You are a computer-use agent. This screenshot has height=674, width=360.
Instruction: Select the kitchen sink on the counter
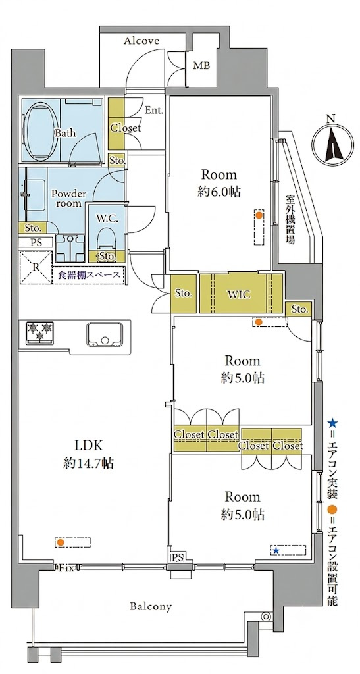(105, 334)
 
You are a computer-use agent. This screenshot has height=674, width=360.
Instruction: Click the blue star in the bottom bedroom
(276, 550)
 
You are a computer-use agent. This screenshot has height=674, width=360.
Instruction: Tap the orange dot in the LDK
(61, 542)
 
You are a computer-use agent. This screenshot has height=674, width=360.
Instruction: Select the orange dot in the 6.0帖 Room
(259, 215)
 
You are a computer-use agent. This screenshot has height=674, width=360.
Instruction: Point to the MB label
(201, 66)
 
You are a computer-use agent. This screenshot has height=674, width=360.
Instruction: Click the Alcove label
(141, 41)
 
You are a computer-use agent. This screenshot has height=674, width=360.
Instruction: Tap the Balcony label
(151, 606)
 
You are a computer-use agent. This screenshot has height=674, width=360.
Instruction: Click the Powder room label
(68, 198)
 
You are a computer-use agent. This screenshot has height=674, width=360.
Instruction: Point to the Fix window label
(66, 568)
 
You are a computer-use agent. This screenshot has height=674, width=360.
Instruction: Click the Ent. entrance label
(154, 110)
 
